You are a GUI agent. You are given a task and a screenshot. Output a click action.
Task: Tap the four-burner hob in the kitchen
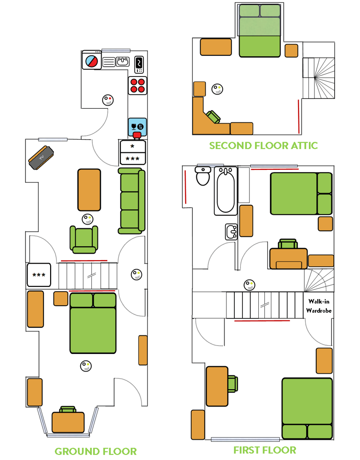[137, 85]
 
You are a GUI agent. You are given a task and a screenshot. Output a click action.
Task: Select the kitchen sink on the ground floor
[123, 61]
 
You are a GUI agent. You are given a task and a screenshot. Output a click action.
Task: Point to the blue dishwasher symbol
[137, 126]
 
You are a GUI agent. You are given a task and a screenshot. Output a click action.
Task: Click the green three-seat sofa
[131, 201]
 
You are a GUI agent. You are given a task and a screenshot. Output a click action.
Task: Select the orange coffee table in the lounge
[89, 189]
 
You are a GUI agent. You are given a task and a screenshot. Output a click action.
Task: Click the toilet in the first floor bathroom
[203, 176]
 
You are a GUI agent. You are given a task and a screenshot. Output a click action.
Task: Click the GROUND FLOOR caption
[96, 452]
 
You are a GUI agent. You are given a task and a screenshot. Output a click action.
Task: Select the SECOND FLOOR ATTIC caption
[263, 145]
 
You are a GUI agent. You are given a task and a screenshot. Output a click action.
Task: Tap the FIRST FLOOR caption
[265, 450]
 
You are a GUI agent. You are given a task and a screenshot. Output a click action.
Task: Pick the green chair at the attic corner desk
[214, 117]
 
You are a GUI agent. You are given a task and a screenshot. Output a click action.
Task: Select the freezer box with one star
[133, 146]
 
